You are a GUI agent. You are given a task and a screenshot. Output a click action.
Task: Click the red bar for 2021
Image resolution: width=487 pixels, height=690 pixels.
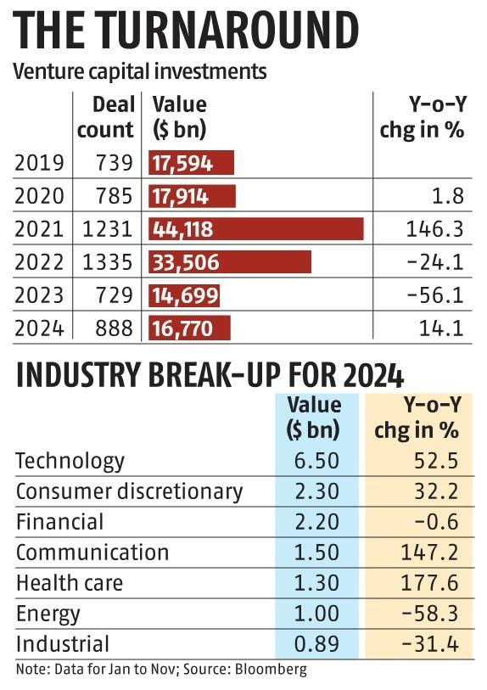[x=256, y=229]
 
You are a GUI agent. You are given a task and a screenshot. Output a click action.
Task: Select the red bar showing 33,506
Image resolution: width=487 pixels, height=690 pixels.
[x=230, y=262]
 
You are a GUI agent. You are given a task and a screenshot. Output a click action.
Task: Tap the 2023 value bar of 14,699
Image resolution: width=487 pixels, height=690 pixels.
[x=184, y=295]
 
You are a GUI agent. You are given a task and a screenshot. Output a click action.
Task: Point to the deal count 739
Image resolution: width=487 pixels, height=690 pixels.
[x=115, y=162]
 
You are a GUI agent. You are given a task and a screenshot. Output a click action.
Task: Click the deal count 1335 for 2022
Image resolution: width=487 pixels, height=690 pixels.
[x=108, y=262]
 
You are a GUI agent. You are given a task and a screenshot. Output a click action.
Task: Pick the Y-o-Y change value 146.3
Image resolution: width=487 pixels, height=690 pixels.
[x=434, y=229]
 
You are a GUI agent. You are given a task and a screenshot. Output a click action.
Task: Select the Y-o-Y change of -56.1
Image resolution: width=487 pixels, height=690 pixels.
[x=435, y=295]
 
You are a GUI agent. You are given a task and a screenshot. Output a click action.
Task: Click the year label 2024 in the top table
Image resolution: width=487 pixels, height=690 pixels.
[x=39, y=328]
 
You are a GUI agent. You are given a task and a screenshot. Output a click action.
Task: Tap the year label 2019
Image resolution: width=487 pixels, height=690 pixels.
[x=39, y=162]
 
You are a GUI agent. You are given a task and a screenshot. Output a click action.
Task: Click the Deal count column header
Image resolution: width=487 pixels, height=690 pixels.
[x=105, y=117]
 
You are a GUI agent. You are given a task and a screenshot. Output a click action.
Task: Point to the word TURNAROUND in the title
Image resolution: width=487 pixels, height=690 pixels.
[x=228, y=30]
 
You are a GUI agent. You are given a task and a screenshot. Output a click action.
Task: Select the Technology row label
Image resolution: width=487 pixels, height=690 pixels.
[x=70, y=461]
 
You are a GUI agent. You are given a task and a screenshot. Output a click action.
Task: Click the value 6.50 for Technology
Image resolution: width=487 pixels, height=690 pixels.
[x=316, y=461]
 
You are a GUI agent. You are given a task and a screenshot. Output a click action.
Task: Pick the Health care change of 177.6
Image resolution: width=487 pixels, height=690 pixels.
[x=430, y=583]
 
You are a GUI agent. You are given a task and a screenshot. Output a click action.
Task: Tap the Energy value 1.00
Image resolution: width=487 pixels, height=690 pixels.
[x=316, y=614]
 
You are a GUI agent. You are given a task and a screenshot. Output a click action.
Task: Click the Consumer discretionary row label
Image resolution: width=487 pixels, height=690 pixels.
[x=129, y=491]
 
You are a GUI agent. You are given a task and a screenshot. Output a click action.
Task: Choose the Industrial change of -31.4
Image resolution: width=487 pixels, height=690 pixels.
[x=431, y=644]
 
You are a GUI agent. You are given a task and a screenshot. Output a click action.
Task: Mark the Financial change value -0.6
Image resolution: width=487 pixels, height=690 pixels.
[x=437, y=522]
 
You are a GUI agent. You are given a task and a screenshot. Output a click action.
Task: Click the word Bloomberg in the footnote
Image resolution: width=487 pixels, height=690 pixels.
[x=271, y=670]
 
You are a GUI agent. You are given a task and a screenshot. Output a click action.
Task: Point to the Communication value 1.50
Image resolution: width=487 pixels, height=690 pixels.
[x=316, y=553]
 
